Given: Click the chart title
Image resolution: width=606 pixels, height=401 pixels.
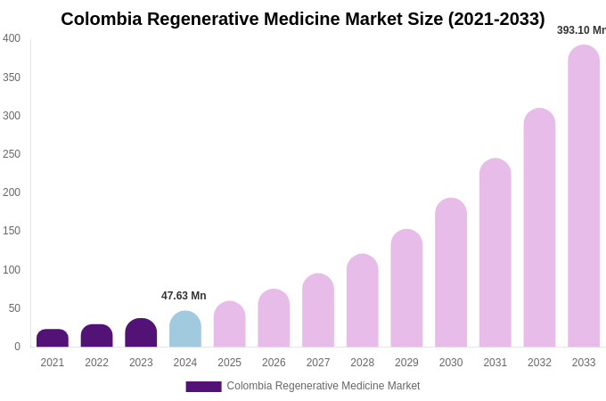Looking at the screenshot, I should (303, 19).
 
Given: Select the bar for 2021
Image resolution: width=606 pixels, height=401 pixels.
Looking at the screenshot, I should (53, 339).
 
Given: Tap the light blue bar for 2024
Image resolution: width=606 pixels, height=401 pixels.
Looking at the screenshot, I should (185, 330).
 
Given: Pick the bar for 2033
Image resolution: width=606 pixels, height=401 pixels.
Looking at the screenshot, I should (584, 196).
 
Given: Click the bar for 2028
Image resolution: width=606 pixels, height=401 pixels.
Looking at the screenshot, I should (363, 301).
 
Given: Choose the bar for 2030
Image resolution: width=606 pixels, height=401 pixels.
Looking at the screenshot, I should (451, 273).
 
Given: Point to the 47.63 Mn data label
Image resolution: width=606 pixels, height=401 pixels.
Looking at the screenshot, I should (184, 296).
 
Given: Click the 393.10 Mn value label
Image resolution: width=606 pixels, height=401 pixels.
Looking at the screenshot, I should (581, 30).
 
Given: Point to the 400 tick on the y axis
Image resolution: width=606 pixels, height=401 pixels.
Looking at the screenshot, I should (12, 38).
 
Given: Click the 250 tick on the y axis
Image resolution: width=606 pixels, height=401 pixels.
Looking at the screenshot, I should (12, 154).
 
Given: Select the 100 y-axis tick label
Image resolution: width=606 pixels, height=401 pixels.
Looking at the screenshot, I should (12, 270).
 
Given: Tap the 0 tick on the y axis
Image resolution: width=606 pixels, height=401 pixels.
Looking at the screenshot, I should (17, 347).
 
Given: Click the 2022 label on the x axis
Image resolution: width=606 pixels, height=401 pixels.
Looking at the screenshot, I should (97, 363).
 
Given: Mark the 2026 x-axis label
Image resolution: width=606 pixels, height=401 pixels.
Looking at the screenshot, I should (274, 363).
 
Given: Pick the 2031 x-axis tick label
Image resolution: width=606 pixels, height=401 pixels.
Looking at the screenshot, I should (495, 363).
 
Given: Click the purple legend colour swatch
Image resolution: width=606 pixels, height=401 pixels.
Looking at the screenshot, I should (203, 387).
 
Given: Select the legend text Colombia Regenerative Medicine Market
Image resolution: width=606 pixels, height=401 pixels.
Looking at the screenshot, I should (323, 386).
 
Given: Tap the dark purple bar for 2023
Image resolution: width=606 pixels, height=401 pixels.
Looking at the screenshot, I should (141, 333).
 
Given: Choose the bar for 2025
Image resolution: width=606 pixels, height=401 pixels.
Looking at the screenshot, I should (230, 324).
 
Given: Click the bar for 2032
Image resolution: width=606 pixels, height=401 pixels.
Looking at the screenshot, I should (539, 228).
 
